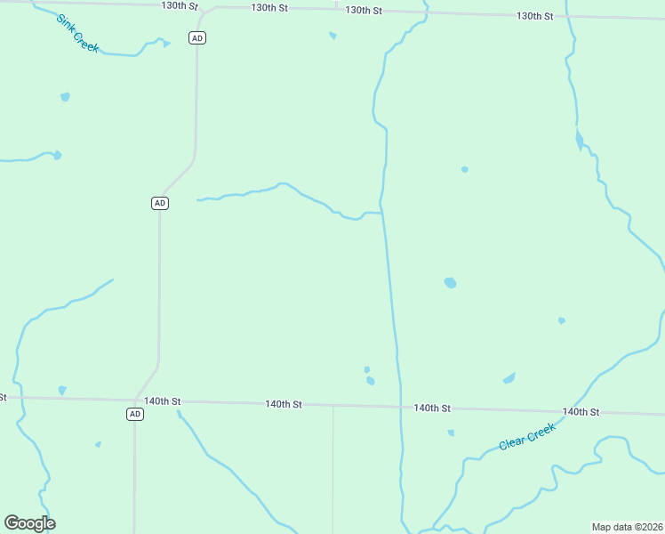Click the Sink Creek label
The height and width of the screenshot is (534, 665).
pos(77,33)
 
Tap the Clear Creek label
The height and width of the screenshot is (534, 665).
pos(527,436)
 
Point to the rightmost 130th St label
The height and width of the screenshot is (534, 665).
pos(535,16)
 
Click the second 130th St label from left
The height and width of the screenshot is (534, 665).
pos(269,7)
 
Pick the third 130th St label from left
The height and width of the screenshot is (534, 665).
pos(364,11)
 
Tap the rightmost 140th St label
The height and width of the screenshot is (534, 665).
pos(581,412)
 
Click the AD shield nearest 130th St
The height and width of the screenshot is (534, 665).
pos(197,37)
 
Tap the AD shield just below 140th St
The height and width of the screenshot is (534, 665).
pos(134,414)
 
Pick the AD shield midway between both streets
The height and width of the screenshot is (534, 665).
pos(159,203)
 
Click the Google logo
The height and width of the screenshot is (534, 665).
pos(29,523)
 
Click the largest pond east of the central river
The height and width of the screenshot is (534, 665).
pos(450,283)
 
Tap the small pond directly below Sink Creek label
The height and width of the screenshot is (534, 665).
pos(65,96)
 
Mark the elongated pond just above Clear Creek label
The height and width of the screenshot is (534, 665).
pos(509,378)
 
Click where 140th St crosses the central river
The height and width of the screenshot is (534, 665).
pos(400,407)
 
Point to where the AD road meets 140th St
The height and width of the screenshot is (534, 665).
pos(135,400)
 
